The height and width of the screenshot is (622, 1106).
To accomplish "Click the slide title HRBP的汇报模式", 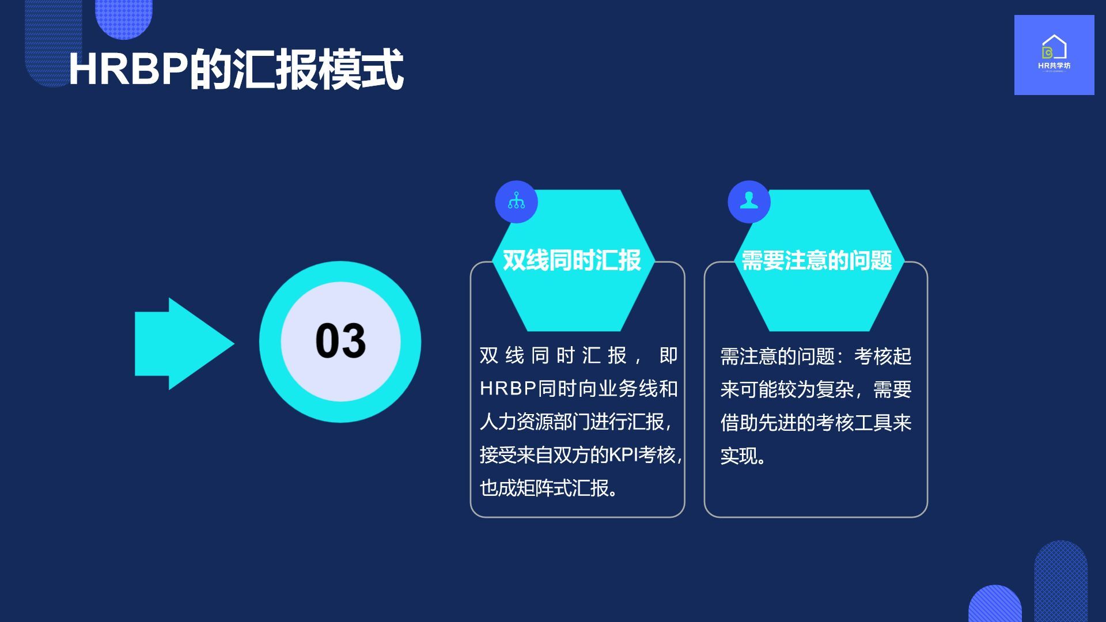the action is click(236, 70).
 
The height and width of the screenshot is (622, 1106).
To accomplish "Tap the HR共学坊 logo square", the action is click(1054, 55).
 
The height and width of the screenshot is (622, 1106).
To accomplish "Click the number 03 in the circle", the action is click(340, 341).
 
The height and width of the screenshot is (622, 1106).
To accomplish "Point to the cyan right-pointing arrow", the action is click(184, 344).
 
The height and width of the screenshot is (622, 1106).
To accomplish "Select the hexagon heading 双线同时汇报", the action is click(572, 260).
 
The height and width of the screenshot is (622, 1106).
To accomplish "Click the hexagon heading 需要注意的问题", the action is click(816, 260).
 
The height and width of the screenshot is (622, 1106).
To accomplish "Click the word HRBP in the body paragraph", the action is click(509, 389).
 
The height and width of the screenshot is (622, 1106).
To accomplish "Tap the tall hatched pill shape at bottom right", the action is click(1060, 581).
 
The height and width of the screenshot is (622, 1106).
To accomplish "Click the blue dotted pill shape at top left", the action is click(124, 17).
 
